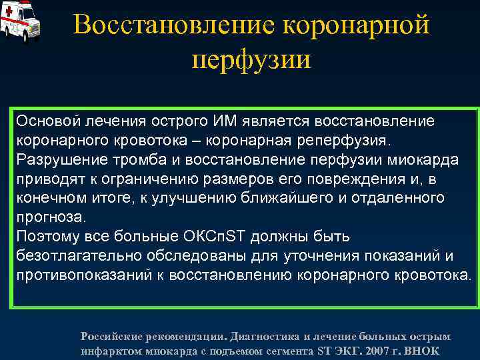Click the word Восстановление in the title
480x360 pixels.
point(174,25)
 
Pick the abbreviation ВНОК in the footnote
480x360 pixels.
point(424,351)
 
